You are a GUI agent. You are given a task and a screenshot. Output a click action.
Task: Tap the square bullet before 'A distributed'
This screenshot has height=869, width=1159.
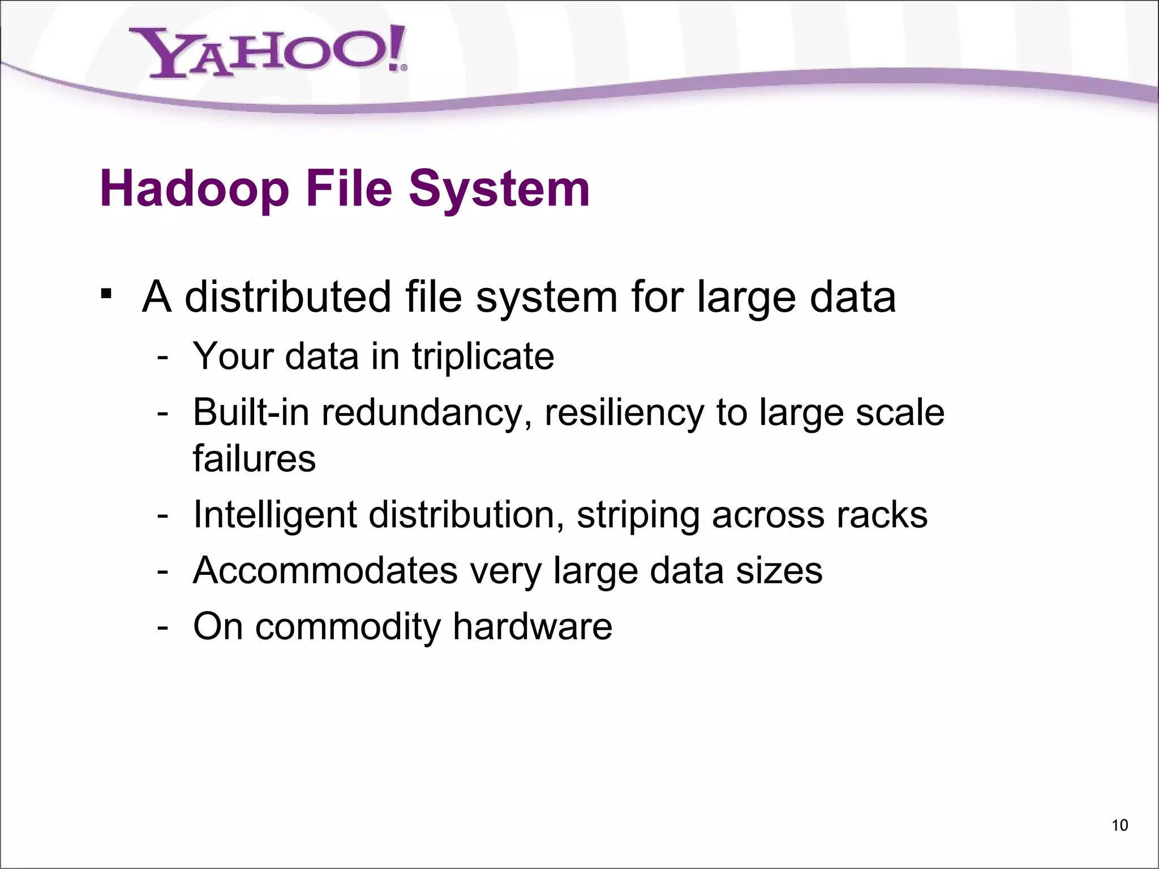click(x=105, y=295)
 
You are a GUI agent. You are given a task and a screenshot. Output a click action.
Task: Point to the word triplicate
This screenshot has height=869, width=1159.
click(x=483, y=356)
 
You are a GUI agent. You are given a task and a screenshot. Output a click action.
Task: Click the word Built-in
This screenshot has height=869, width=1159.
click(x=251, y=412)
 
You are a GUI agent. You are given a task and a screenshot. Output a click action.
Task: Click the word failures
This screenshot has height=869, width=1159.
click(x=254, y=458)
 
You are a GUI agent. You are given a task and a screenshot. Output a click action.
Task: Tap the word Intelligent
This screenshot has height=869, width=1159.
click(x=275, y=515)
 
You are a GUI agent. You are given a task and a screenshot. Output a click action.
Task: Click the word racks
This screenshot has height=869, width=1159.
click(x=882, y=515)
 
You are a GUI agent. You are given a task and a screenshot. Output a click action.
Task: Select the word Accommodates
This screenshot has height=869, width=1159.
click(x=325, y=570)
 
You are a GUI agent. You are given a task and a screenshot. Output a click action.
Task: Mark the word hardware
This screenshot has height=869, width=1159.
click(x=533, y=626)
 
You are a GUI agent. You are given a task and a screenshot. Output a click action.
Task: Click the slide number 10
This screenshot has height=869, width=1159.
click(x=1119, y=825)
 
